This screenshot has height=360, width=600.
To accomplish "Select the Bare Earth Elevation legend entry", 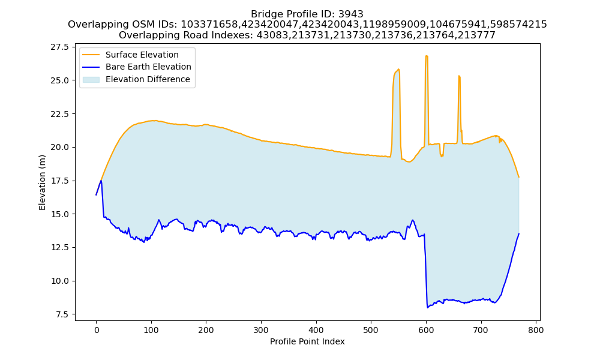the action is (x=137, y=67).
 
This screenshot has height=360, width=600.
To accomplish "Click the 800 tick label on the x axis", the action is (x=536, y=330).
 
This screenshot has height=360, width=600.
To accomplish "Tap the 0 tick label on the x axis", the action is (x=96, y=330).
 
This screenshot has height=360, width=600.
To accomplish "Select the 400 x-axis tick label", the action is (x=316, y=330).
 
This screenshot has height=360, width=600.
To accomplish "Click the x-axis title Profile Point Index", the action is (x=307, y=341).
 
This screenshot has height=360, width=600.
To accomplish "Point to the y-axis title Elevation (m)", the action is (x=42, y=182).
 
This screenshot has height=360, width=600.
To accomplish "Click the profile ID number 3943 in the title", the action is (x=351, y=14).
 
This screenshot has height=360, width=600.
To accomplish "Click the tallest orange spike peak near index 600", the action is (x=426, y=56).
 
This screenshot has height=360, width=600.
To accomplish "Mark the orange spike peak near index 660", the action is (x=459, y=76).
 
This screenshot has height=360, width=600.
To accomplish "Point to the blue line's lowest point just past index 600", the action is (x=427, y=308).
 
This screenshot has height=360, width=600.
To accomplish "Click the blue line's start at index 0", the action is (x=96, y=195).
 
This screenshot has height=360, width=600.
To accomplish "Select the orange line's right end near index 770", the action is (x=519, y=177).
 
